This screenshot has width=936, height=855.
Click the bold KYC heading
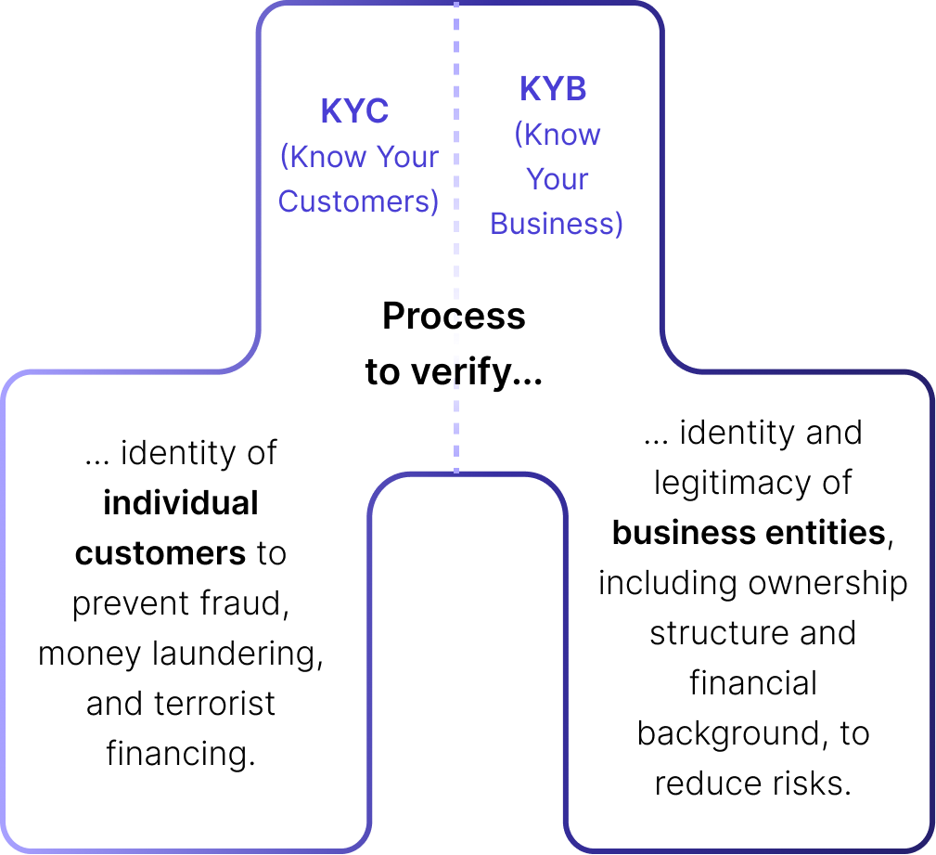(x=354, y=111)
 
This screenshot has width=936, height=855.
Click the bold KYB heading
(x=553, y=89)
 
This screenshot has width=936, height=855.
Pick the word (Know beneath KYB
(x=558, y=135)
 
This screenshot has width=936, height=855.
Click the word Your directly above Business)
(x=558, y=179)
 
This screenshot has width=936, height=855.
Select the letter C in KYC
(x=376, y=111)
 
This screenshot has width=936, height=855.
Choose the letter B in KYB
(x=575, y=89)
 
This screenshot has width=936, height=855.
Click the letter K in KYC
(x=331, y=111)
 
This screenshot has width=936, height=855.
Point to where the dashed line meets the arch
(x=455, y=473)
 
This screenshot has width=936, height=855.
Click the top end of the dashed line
(x=455, y=5)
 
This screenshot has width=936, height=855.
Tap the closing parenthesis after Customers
(x=434, y=202)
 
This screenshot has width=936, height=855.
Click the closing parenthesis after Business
(x=619, y=225)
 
